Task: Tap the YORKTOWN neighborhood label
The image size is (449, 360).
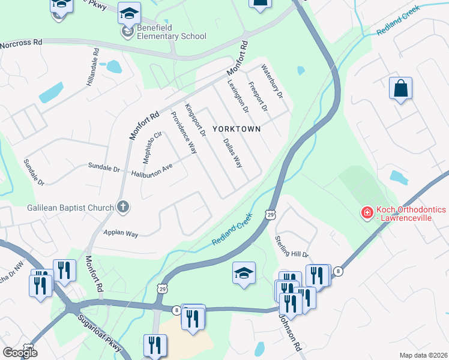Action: pyautogui.click(x=237, y=129)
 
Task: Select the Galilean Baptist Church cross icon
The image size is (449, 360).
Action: pyautogui.click(x=123, y=208)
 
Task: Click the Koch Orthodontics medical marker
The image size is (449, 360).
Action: pyautogui.click(x=366, y=212)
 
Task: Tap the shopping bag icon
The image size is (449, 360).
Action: pyautogui.click(x=400, y=89)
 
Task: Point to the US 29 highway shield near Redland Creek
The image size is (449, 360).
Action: pyautogui.click(x=271, y=214)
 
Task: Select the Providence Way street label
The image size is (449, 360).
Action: pyautogui.click(x=184, y=133)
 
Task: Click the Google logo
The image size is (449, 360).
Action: pyautogui.click(x=19, y=352)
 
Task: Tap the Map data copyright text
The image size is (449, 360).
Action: pyautogui.click(x=423, y=355)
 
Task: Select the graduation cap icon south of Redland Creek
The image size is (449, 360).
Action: pyautogui.click(x=244, y=273)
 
